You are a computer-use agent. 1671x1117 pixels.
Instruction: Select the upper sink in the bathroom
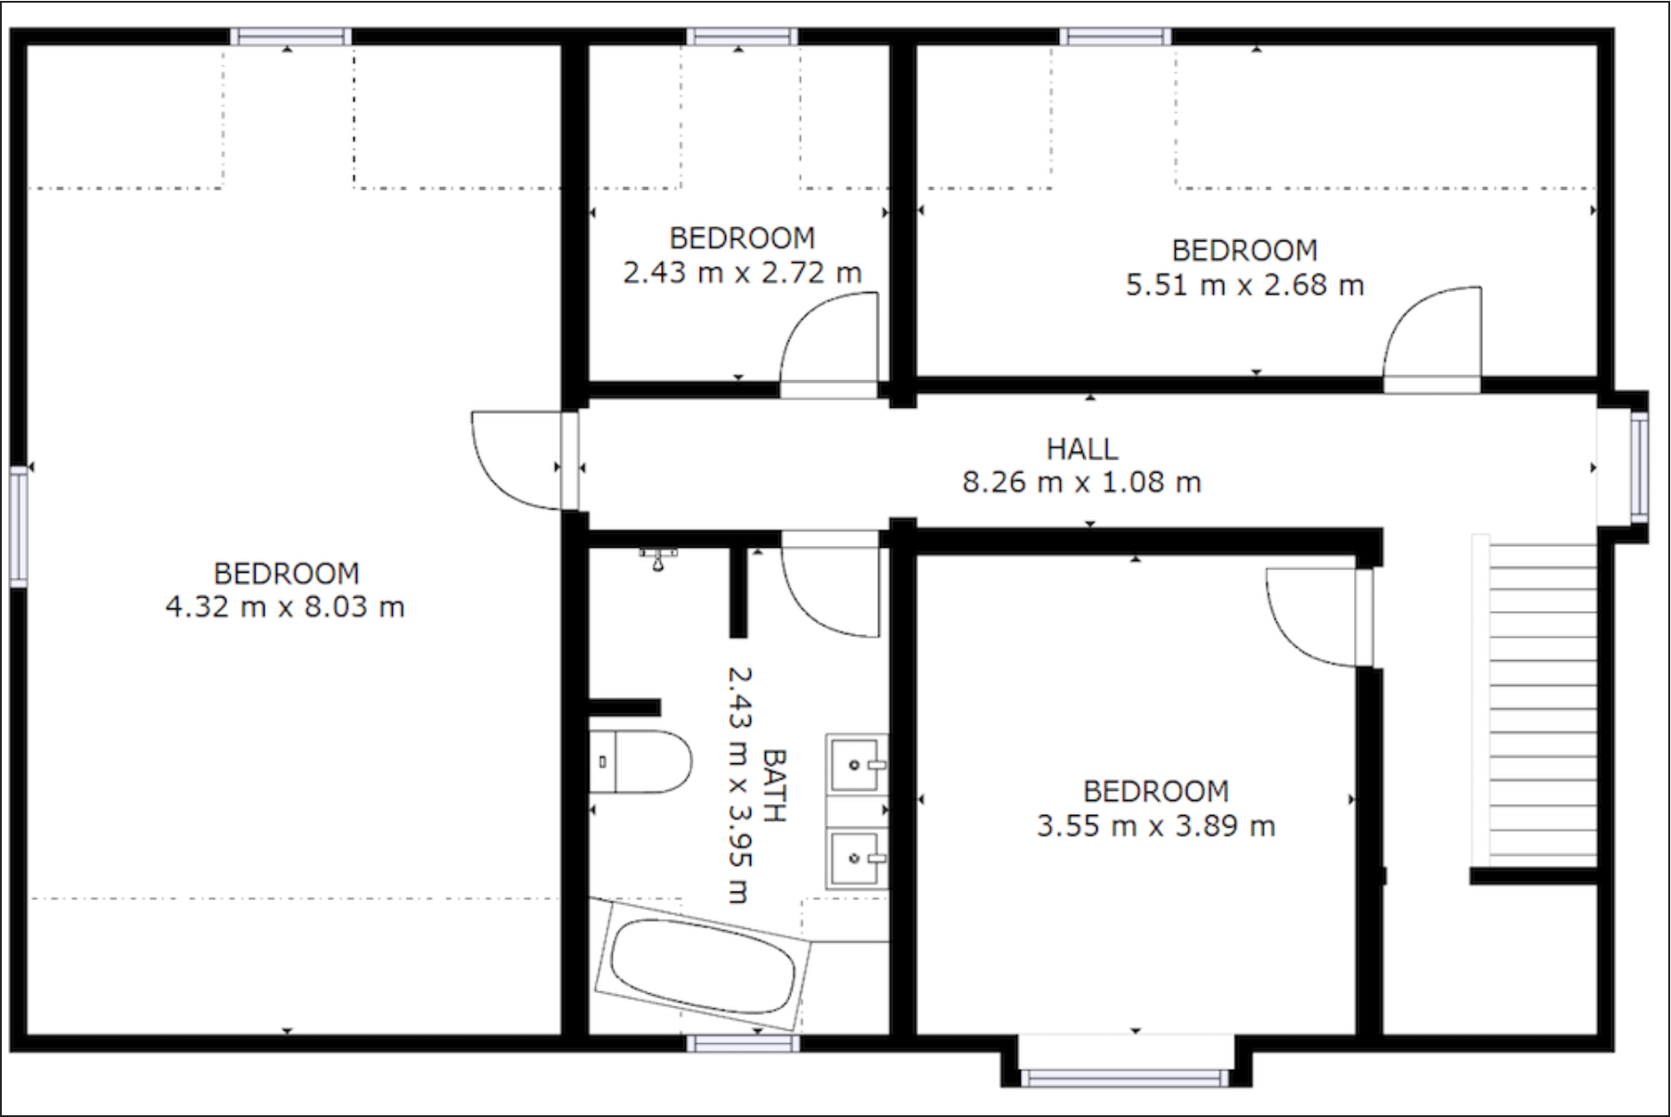point(856,764)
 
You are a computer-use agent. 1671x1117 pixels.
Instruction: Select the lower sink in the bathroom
point(856,858)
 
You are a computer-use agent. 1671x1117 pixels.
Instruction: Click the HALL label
point(1081,449)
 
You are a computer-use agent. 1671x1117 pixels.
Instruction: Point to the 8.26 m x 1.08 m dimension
point(1081,483)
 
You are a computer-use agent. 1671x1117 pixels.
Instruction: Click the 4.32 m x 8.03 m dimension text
point(285,607)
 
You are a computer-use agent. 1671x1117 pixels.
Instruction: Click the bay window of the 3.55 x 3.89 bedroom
point(1125,1079)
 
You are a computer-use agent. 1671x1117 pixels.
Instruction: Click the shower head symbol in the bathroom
point(657,559)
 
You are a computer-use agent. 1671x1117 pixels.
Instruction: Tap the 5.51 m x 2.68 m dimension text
point(1244,286)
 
